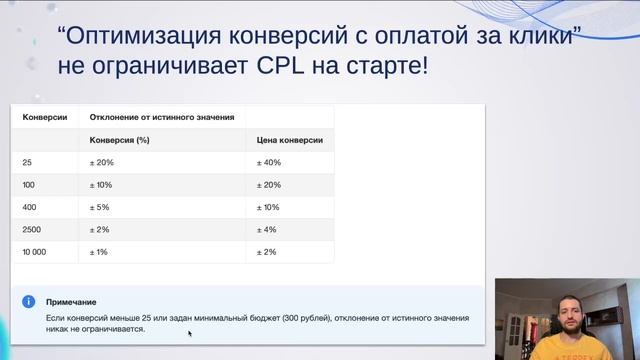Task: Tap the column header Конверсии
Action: (45, 117)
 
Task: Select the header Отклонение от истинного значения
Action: (162, 117)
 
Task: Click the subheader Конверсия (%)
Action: (120, 140)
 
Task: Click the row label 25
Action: (30, 162)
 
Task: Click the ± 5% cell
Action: (101, 207)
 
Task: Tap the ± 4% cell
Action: (267, 229)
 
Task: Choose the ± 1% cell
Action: (101, 251)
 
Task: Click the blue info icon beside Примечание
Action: (30, 301)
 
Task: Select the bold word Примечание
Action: (72, 302)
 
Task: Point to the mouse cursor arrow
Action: (188, 333)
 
